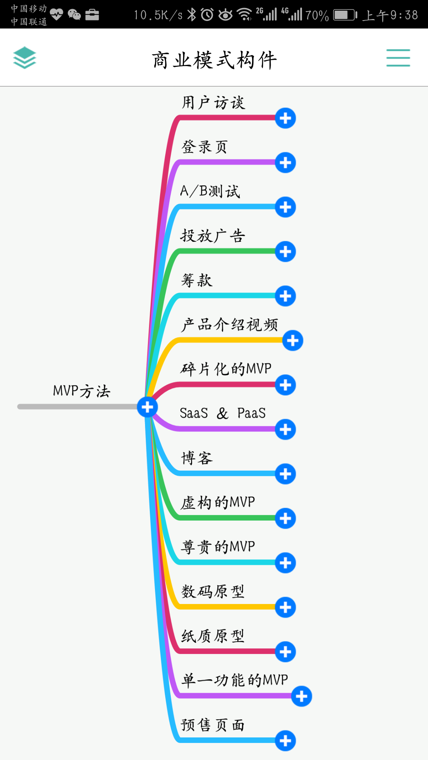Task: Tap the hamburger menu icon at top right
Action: pyautogui.click(x=398, y=58)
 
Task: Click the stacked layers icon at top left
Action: pyautogui.click(x=25, y=58)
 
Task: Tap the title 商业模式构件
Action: pyautogui.click(x=214, y=60)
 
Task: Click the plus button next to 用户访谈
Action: pyautogui.click(x=285, y=118)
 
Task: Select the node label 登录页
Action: pyautogui.click(x=204, y=147)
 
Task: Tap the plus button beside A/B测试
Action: pyautogui.click(x=285, y=207)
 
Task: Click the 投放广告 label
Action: pyautogui.click(x=213, y=236)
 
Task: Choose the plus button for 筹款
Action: pyautogui.click(x=285, y=296)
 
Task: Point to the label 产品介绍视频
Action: pyautogui.click(x=229, y=325)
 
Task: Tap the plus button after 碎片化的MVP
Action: pyautogui.click(x=285, y=385)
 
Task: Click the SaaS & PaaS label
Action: pyautogui.click(x=222, y=413)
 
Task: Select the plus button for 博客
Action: pyautogui.click(x=285, y=474)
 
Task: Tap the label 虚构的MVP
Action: pyautogui.click(x=218, y=502)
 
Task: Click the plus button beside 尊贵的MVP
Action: pyautogui.click(x=285, y=563)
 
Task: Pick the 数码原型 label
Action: pyautogui.click(x=213, y=591)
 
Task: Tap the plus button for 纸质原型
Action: pyautogui.click(x=285, y=652)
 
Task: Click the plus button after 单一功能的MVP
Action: pyautogui.click(x=302, y=696)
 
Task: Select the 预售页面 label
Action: pyautogui.click(x=213, y=725)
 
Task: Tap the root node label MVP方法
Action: pyautogui.click(x=82, y=391)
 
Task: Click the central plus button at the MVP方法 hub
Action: pyautogui.click(x=147, y=407)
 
